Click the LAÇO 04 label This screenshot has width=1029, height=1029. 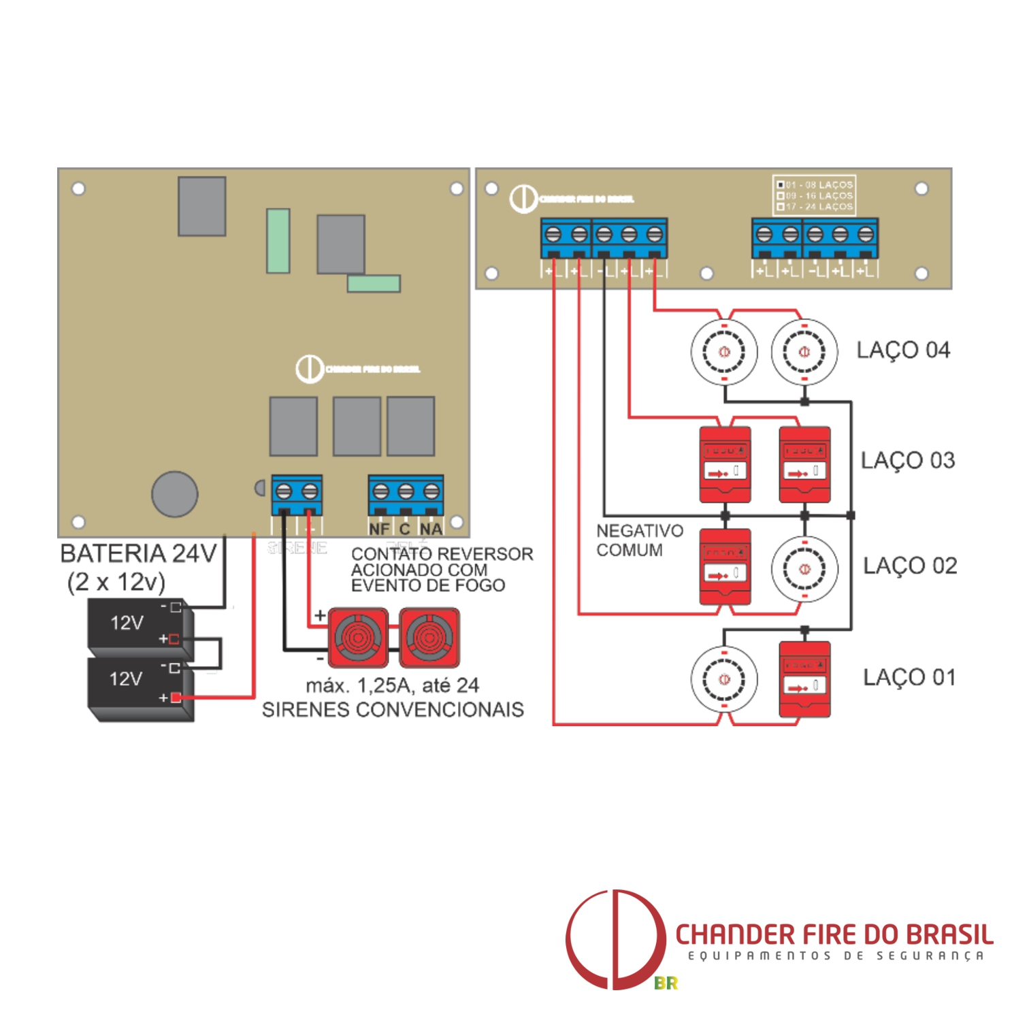click(902, 350)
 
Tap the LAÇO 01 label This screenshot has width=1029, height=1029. click(909, 677)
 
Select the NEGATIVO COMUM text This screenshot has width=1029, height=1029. click(639, 540)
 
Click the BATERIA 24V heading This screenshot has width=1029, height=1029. click(138, 553)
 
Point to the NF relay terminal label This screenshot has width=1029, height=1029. click(379, 529)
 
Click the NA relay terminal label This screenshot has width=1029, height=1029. click(431, 529)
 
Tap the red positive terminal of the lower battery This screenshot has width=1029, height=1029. click(176, 698)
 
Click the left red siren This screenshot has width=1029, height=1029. click(358, 638)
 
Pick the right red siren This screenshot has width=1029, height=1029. click(429, 638)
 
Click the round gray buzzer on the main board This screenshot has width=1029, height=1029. click(175, 494)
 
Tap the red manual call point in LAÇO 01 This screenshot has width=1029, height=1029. click(804, 679)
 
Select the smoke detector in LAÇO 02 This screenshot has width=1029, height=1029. click(804, 569)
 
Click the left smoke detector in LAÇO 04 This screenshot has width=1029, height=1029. click(724, 352)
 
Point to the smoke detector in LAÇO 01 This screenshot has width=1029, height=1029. click(724, 679)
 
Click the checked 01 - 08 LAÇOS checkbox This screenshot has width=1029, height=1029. click(781, 184)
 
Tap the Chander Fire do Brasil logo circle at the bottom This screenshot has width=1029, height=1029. click(615, 939)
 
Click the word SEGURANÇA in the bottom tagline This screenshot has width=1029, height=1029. click(930, 956)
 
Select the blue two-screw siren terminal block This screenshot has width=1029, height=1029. click(297, 495)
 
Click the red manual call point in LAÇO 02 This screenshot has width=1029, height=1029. click(725, 567)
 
